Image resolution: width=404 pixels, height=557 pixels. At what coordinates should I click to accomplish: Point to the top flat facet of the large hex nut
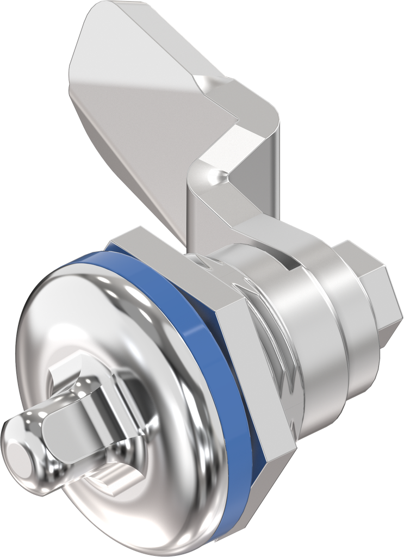[x=163, y=247]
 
